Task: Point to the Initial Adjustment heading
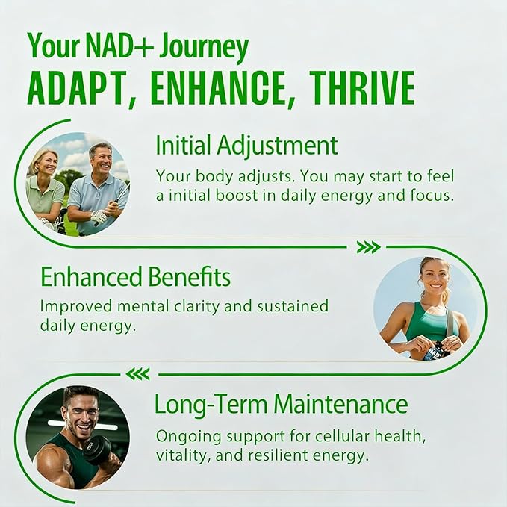tap(246, 145)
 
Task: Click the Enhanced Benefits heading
tap(135, 277)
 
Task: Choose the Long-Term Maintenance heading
tap(281, 405)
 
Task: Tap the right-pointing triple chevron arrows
tap(368, 247)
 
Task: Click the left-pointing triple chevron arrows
tap(137, 373)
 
